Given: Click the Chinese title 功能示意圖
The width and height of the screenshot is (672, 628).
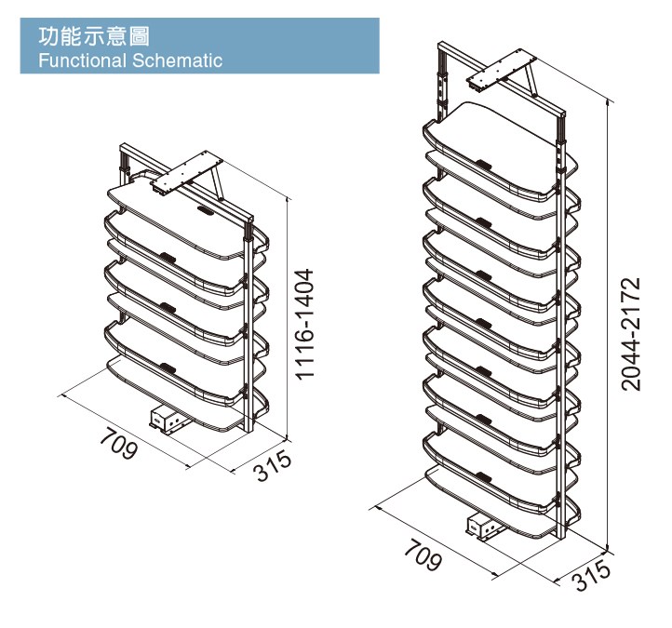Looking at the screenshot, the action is pyautogui.click(x=94, y=36).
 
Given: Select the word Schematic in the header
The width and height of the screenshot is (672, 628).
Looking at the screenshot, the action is pyautogui.click(x=177, y=60).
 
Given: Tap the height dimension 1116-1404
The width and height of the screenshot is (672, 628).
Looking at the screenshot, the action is pyautogui.click(x=304, y=324).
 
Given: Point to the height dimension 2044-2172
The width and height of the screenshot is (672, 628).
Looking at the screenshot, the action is pyautogui.click(x=631, y=334).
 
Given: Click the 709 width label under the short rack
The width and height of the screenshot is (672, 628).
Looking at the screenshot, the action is pyautogui.click(x=119, y=443).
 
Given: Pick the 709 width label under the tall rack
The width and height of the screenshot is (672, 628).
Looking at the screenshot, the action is pyautogui.click(x=423, y=555).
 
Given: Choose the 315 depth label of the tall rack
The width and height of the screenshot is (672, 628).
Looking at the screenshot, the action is pyautogui.click(x=591, y=575).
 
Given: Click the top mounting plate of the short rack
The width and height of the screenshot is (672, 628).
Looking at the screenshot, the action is pyautogui.click(x=186, y=173).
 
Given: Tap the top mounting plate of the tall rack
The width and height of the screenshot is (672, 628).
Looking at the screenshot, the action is pyautogui.click(x=502, y=70).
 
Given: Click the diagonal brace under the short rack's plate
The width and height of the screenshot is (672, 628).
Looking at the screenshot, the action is pyautogui.click(x=218, y=183).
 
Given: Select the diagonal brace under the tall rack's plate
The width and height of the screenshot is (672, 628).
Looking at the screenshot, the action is pyautogui.click(x=531, y=80).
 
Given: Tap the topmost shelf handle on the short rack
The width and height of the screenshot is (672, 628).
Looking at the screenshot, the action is pyautogui.click(x=206, y=210).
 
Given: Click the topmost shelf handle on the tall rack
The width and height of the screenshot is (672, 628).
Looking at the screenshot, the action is pyautogui.click(x=483, y=163).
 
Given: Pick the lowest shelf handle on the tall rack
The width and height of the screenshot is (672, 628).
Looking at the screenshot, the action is pyautogui.click(x=483, y=476).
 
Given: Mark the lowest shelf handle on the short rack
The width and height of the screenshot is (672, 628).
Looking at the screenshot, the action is pyautogui.click(x=168, y=367).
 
